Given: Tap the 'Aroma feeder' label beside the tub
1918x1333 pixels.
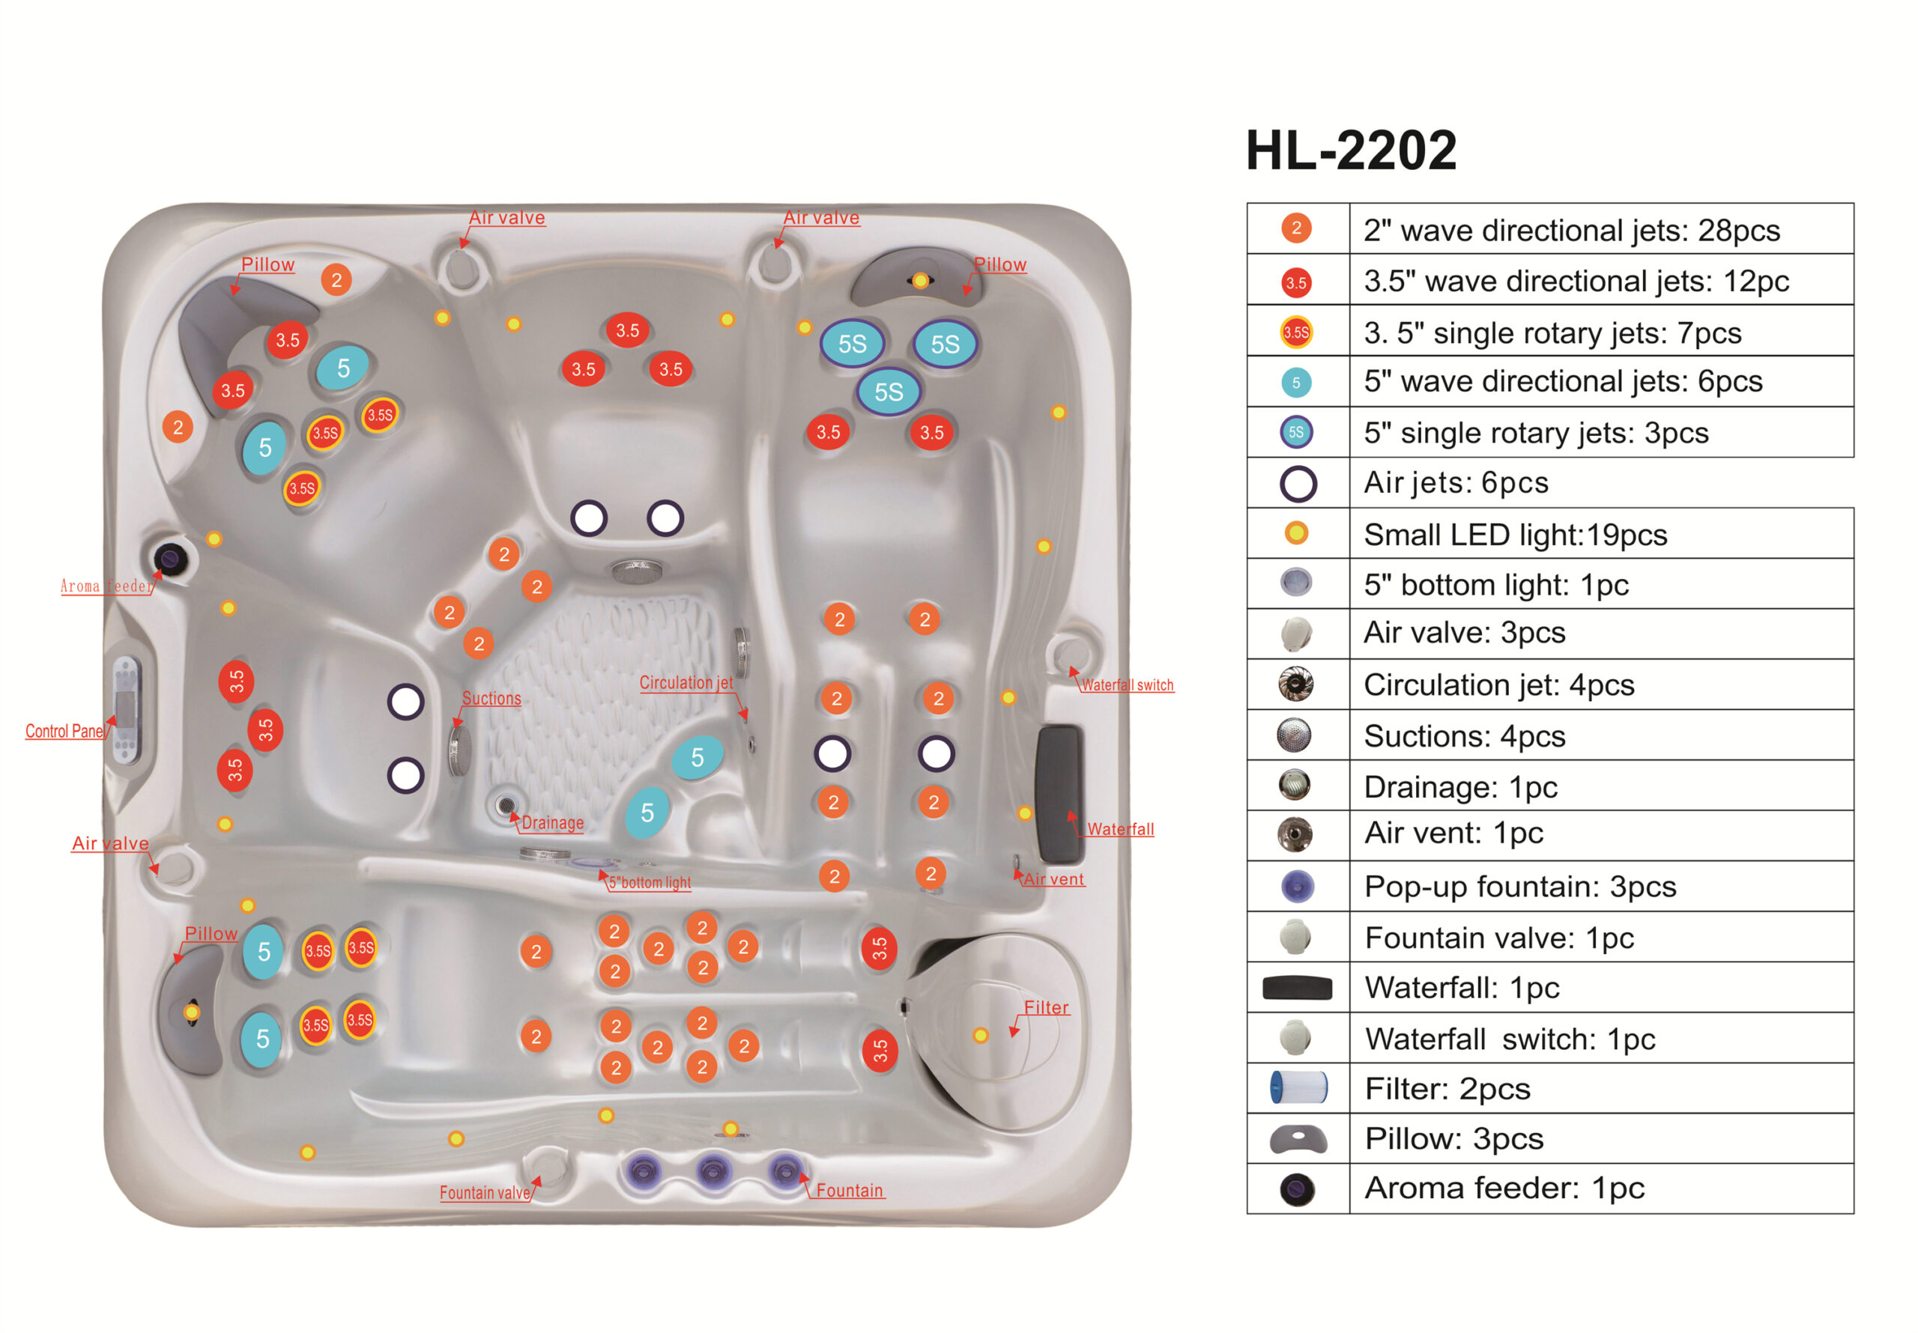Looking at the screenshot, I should pos(107,586).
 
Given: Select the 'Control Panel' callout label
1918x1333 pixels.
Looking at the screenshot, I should pos(64,731).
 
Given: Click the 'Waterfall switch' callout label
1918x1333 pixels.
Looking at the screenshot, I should pos(1127,685).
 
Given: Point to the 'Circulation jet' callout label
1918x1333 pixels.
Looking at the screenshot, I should pos(686,682).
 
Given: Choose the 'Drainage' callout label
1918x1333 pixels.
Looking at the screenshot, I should pos(552,823).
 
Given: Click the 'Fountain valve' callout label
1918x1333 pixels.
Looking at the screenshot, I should pos(485,1192).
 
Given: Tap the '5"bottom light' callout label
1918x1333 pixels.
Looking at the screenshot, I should pos(649,882).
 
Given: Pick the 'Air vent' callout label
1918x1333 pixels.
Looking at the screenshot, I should pos(1053,878).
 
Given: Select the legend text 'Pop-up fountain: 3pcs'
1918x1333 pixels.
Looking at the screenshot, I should pos(1519,886).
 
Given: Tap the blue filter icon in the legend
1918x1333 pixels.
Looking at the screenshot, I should pos(1298,1087).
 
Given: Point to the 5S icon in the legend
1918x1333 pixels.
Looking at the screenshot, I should pos(1295,432).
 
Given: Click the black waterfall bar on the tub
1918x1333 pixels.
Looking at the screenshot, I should pos(1059,794).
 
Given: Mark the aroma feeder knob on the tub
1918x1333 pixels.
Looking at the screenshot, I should pos(170,558).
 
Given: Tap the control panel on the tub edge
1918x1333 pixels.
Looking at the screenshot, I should pos(126,710).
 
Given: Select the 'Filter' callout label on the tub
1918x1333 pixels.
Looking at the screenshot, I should pos(1046,1007).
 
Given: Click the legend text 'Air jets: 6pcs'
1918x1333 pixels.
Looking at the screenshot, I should pos(1455,483).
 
